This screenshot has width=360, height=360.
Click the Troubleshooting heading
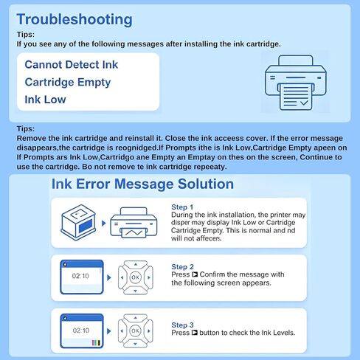(x=75, y=20)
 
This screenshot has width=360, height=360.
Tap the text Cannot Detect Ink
(x=72, y=65)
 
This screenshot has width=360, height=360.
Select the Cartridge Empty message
(x=68, y=83)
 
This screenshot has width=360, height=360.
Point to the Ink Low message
(x=45, y=100)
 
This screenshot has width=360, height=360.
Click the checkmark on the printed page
(x=304, y=103)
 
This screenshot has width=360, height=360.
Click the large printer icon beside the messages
(x=296, y=83)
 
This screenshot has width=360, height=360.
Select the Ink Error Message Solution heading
(x=142, y=184)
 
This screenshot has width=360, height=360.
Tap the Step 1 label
(x=182, y=207)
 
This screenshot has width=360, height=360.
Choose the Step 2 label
(x=182, y=267)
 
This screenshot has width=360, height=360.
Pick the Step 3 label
(x=182, y=325)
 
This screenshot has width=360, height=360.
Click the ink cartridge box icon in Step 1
(x=78, y=222)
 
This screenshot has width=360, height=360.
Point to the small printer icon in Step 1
(x=134, y=223)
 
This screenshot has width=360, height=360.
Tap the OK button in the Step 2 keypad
(x=135, y=277)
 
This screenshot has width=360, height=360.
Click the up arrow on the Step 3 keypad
(x=135, y=318)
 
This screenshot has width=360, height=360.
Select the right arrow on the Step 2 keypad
(x=149, y=277)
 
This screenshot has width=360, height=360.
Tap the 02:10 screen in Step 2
(x=82, y=277)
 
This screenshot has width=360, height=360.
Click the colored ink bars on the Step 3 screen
(x=96, y=343)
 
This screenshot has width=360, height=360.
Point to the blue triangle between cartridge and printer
(x=104, y=224)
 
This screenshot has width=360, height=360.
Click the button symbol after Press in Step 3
(x=195, y=333)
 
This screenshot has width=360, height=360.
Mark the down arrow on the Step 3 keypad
(x=135, y=344)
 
